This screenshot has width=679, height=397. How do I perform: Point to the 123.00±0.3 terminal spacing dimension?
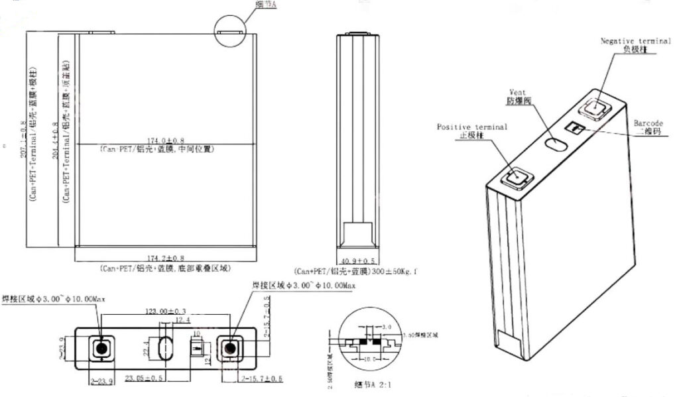click(166, 310)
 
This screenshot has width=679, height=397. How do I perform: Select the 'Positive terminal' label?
click(471, 127)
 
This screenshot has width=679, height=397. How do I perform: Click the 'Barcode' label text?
click(648, 123)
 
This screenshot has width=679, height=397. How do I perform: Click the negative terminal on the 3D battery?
click(595, 108)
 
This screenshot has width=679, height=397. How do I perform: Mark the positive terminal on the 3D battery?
click(515, 177)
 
